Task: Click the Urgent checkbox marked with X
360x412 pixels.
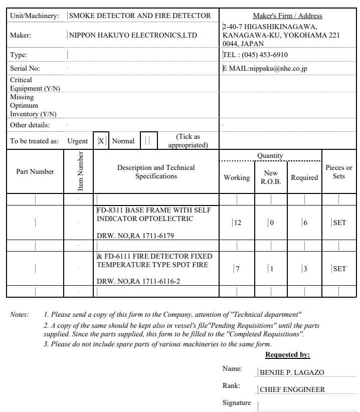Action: pyautogui.click(x=101, y=141)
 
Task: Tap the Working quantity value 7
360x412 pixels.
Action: pyautogui.click(x=237, y=269)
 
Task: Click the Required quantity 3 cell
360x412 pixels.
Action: pyautogui.click(x=304, y=269)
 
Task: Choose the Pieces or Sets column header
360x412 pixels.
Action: pyautogui.click(x=339, y=172)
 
